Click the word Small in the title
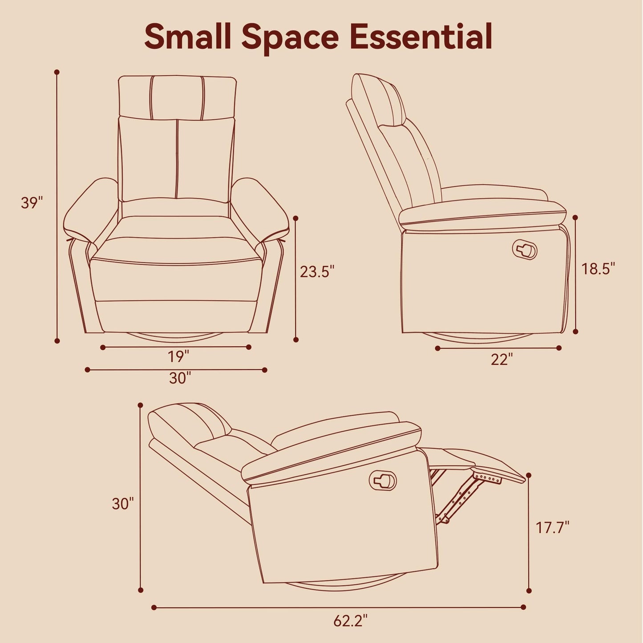click(187, 36)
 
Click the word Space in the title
click(290, 38)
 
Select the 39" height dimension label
click(32, 203)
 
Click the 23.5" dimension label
click(317, 271)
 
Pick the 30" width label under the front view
click(180, 378)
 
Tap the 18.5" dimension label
click(599, 268)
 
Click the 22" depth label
click(501, 360)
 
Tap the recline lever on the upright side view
click(525, 249)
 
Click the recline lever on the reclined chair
click(383, 481)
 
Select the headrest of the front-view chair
click(178, 97)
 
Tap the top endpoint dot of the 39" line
click(57, 72)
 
